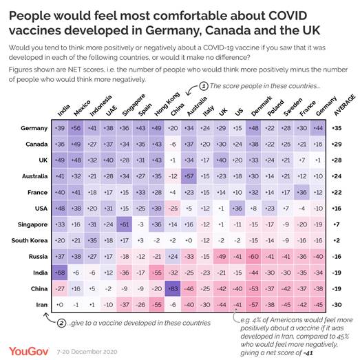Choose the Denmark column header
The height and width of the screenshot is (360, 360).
pos(255,111)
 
